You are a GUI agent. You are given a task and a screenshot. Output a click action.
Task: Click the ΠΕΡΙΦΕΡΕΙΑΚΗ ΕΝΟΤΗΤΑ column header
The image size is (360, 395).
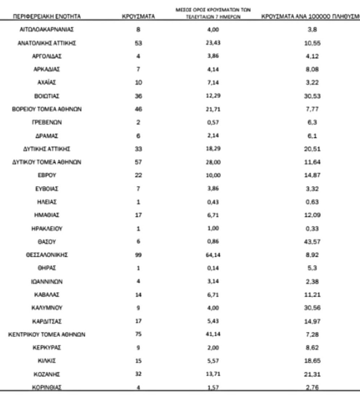(47, 16)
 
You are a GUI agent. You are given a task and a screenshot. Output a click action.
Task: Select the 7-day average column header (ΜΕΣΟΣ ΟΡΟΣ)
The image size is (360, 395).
(213, 13)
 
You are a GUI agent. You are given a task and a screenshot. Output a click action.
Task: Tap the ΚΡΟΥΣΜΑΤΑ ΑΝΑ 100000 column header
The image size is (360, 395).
(310, 16)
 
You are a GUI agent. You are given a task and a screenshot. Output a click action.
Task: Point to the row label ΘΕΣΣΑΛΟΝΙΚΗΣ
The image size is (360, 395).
(47, 255)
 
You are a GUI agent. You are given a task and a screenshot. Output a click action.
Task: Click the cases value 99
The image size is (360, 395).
(138, 255)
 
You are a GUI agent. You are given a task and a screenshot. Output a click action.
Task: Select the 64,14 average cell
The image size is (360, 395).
(213, 255)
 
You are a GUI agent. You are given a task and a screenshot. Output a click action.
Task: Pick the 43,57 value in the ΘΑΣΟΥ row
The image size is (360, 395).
(312, 242)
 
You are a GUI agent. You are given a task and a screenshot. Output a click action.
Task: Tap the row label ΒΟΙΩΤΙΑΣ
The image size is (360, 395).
(47, 96)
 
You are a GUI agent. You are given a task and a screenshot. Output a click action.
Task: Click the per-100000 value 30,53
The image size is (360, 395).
(312, 96)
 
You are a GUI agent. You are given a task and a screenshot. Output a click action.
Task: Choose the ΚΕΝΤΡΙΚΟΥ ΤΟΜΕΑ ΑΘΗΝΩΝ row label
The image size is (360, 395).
(47, 334)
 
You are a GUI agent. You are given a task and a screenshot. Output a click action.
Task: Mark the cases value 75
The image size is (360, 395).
(138, 334)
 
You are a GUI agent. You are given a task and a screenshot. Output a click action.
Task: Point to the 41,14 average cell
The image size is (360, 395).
(213, 334)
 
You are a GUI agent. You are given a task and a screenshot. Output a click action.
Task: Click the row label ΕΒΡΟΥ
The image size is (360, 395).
(47, 175)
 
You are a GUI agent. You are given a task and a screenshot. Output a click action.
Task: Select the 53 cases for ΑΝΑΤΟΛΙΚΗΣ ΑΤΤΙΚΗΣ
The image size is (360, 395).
(138, 43)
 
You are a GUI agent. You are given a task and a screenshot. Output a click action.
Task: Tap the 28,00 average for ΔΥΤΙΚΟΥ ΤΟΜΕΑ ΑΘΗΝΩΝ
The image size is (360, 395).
(213, 162)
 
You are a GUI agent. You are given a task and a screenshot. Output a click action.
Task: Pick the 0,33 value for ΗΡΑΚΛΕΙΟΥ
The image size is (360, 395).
(312, 229)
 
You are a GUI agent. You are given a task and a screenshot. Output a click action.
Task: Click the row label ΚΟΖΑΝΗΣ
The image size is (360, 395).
(47, 374)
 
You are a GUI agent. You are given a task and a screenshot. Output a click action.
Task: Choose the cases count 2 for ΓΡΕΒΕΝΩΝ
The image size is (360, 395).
(138, 122)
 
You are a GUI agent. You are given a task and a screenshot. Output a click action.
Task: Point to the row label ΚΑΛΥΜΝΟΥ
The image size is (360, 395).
(47, 308)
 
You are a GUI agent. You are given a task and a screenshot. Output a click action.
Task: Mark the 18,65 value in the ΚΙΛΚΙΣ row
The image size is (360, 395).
(312, 361)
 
